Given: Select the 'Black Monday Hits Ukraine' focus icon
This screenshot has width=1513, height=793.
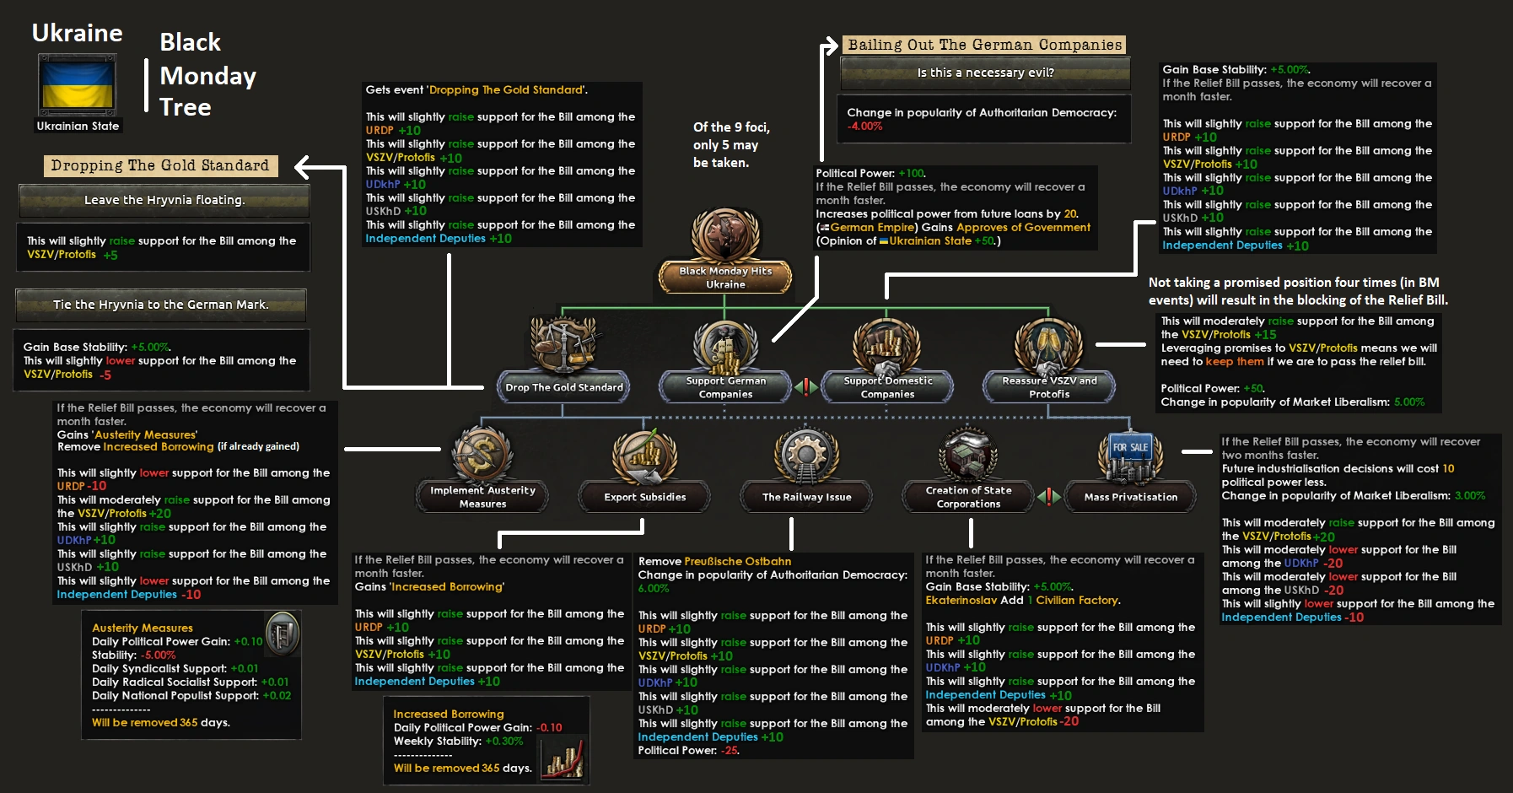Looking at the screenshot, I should click(725, 236).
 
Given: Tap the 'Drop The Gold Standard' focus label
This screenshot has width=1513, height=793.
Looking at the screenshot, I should click(564, 387).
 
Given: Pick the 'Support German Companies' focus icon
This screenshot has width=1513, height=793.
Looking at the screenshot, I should click(725, 346).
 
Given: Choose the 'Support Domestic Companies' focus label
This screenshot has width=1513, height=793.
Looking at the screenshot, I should click(887, 387).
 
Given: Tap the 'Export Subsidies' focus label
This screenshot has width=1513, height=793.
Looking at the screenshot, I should click(644, 497).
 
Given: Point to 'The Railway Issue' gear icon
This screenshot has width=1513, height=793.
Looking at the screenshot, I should click(806, 454).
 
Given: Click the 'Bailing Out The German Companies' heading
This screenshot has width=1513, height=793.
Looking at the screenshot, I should click(984, 45).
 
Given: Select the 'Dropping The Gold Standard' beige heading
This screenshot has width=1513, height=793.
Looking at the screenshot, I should click(160, 165).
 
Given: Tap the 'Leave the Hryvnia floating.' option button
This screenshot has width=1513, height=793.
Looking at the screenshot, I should click(164, 200).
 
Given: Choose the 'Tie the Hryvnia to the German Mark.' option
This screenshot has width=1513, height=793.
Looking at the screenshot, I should click(160, 305).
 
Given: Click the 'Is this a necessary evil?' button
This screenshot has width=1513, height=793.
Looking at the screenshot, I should click(985, 73).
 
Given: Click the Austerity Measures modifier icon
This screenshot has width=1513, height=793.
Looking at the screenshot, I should click(282, 634).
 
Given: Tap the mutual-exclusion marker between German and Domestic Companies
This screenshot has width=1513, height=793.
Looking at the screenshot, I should click(806, 387).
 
